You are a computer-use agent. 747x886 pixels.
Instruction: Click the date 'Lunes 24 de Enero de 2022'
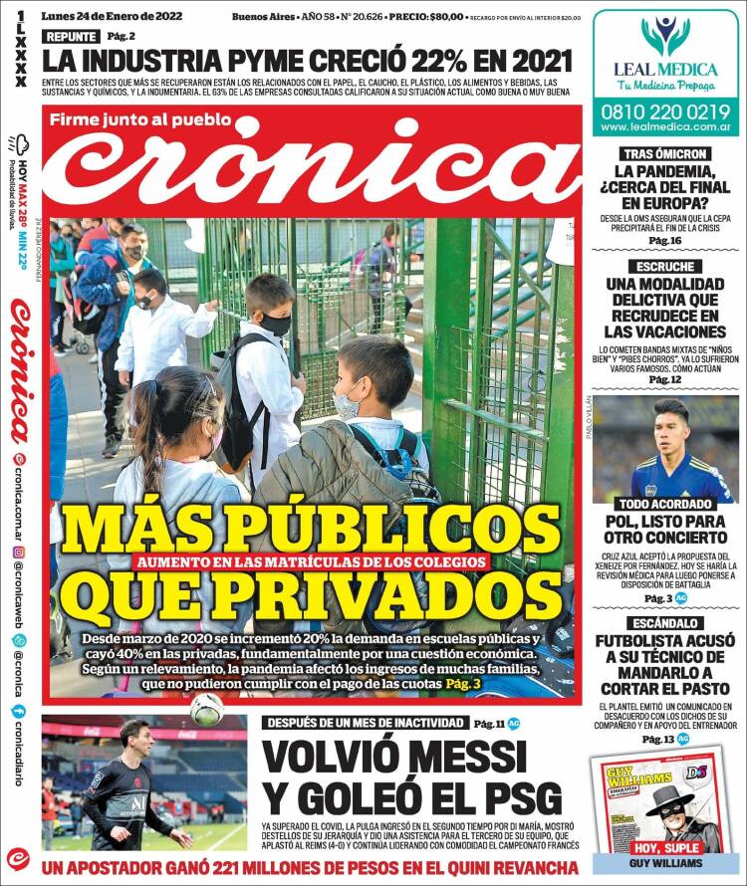coord(112,17)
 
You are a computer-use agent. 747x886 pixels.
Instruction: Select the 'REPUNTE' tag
coord(71,37)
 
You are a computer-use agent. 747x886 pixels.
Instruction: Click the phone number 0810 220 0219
coord(665,112)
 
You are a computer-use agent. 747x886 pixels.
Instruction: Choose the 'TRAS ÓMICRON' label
coord(665,154)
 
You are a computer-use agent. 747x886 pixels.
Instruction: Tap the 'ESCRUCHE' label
coord(665,267)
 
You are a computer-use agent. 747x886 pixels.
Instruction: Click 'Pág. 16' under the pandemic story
coord(665,241)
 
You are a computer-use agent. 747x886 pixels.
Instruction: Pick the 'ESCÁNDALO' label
coord(665,622)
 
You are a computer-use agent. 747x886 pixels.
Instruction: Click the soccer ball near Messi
coord(208,709)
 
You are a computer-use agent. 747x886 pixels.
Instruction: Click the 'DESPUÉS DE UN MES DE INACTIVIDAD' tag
coord(364,722)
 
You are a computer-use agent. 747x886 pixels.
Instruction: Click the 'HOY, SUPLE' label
coord(665,847)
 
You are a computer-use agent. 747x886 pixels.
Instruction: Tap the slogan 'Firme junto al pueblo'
coord(155,120)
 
